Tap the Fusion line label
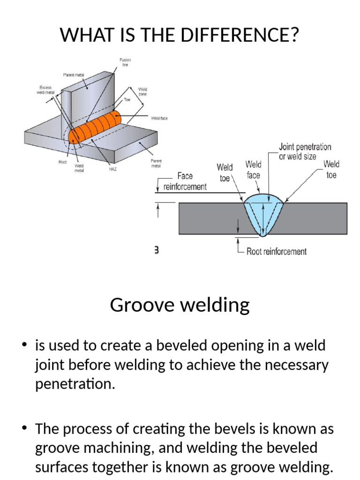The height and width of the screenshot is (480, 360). click(x=126, y=62)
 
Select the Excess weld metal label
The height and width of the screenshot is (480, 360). click(x=46, y=90)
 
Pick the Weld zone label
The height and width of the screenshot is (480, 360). click(x=142, y=91)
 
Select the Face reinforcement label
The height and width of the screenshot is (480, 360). click(x=185, y=181)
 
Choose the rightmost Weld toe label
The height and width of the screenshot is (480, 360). click(x=331, y=170)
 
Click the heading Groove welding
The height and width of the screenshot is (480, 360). click(x=180, y=305)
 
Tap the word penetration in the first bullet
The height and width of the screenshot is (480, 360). click(x=75, y=384)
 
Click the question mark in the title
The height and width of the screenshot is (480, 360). click(x=294, y=35)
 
